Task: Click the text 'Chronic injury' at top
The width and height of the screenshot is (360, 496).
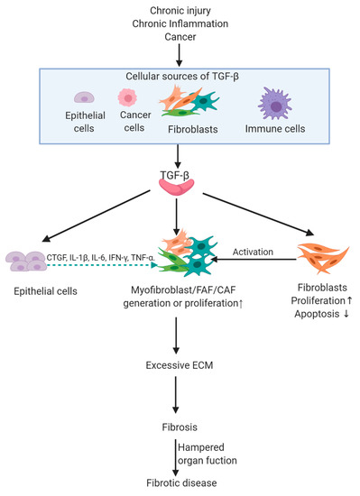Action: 180,8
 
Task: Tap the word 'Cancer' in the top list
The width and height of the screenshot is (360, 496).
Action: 180,37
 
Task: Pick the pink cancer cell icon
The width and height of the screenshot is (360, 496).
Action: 126,100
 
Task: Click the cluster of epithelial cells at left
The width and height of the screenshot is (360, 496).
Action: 29,262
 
